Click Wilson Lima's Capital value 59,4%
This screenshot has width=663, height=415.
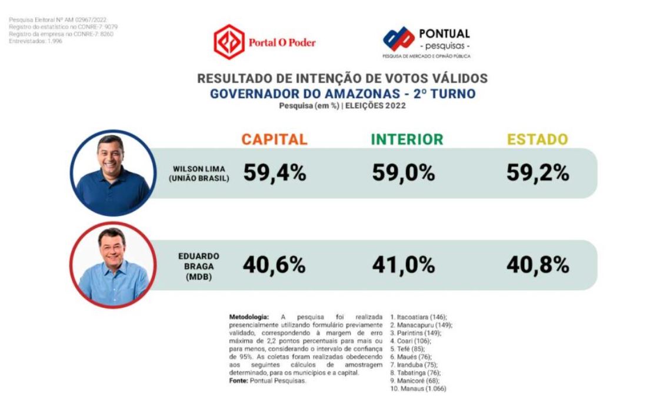coord(274,172)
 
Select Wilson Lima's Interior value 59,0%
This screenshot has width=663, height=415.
coord(403,172)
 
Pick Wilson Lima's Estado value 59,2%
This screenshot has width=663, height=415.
coord(537,172)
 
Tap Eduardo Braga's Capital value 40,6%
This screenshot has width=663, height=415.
coord(274,265)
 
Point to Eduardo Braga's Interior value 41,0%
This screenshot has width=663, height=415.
coord(403,265)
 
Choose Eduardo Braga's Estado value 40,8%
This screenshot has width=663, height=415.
coord(537,265)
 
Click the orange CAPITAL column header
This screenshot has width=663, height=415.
coord(274,140)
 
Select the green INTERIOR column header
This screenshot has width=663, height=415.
coord(407,140)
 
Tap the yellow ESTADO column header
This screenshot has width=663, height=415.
coord(538,140)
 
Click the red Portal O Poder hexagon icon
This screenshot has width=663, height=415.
coord(229,42)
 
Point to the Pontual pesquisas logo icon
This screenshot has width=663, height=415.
coord(398,39)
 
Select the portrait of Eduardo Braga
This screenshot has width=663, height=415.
coord(113,265)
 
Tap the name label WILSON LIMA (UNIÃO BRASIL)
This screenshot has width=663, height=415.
coord(198,173)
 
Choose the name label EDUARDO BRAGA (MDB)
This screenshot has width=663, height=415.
coord(198,266)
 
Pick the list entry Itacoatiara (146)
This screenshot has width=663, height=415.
coord(419,317)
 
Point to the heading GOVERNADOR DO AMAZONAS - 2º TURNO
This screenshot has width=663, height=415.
coord(342,94)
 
